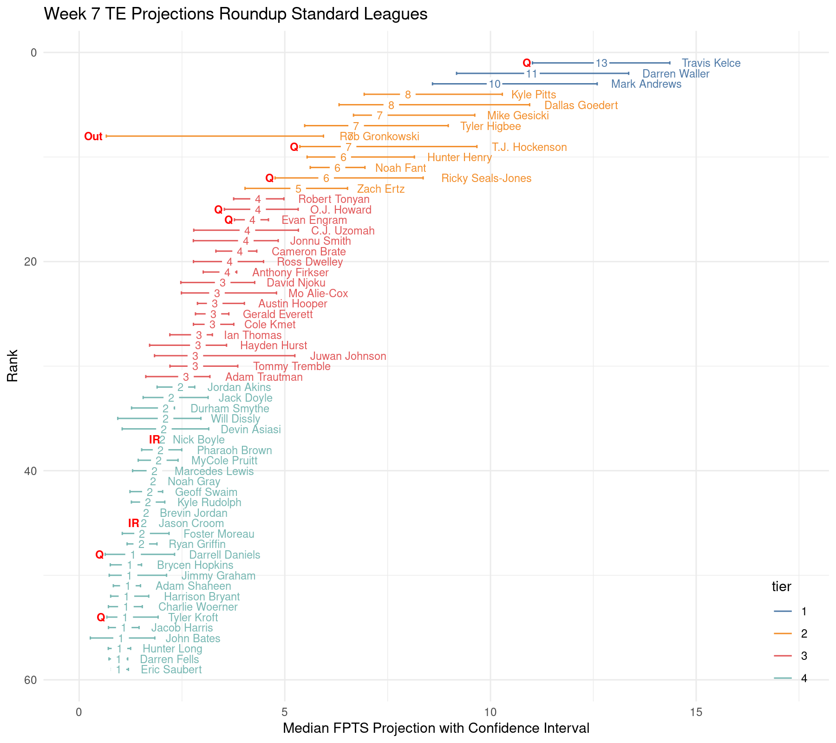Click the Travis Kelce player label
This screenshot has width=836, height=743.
[x=711, y=63]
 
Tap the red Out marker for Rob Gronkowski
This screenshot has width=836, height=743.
[x=93, y=137]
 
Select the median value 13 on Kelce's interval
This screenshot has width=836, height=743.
[x=601, y=63]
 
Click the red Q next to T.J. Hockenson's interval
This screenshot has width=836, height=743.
[x=294, y=147]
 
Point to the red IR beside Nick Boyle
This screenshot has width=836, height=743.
[x=154, y=440]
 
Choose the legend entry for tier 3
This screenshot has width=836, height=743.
[x=803, y=656]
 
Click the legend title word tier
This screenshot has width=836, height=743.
[x=781, y=587]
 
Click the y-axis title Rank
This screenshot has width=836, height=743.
[x=13, y=365]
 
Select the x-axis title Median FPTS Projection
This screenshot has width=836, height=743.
[x=436, y=728]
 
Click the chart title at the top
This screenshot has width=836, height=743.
[x=235, y=14]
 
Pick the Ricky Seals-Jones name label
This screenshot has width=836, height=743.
[x=486, y=178]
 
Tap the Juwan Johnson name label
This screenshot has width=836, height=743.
[x=348, y=356]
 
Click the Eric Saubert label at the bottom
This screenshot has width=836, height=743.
[x=171, y=670]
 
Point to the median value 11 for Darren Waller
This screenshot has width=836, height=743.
[x=531, y=74]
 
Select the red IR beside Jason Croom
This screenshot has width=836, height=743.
[x=133, y=523]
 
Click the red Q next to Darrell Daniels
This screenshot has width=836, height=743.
[x=99, y=555]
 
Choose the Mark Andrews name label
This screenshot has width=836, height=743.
[x=646, y=84]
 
